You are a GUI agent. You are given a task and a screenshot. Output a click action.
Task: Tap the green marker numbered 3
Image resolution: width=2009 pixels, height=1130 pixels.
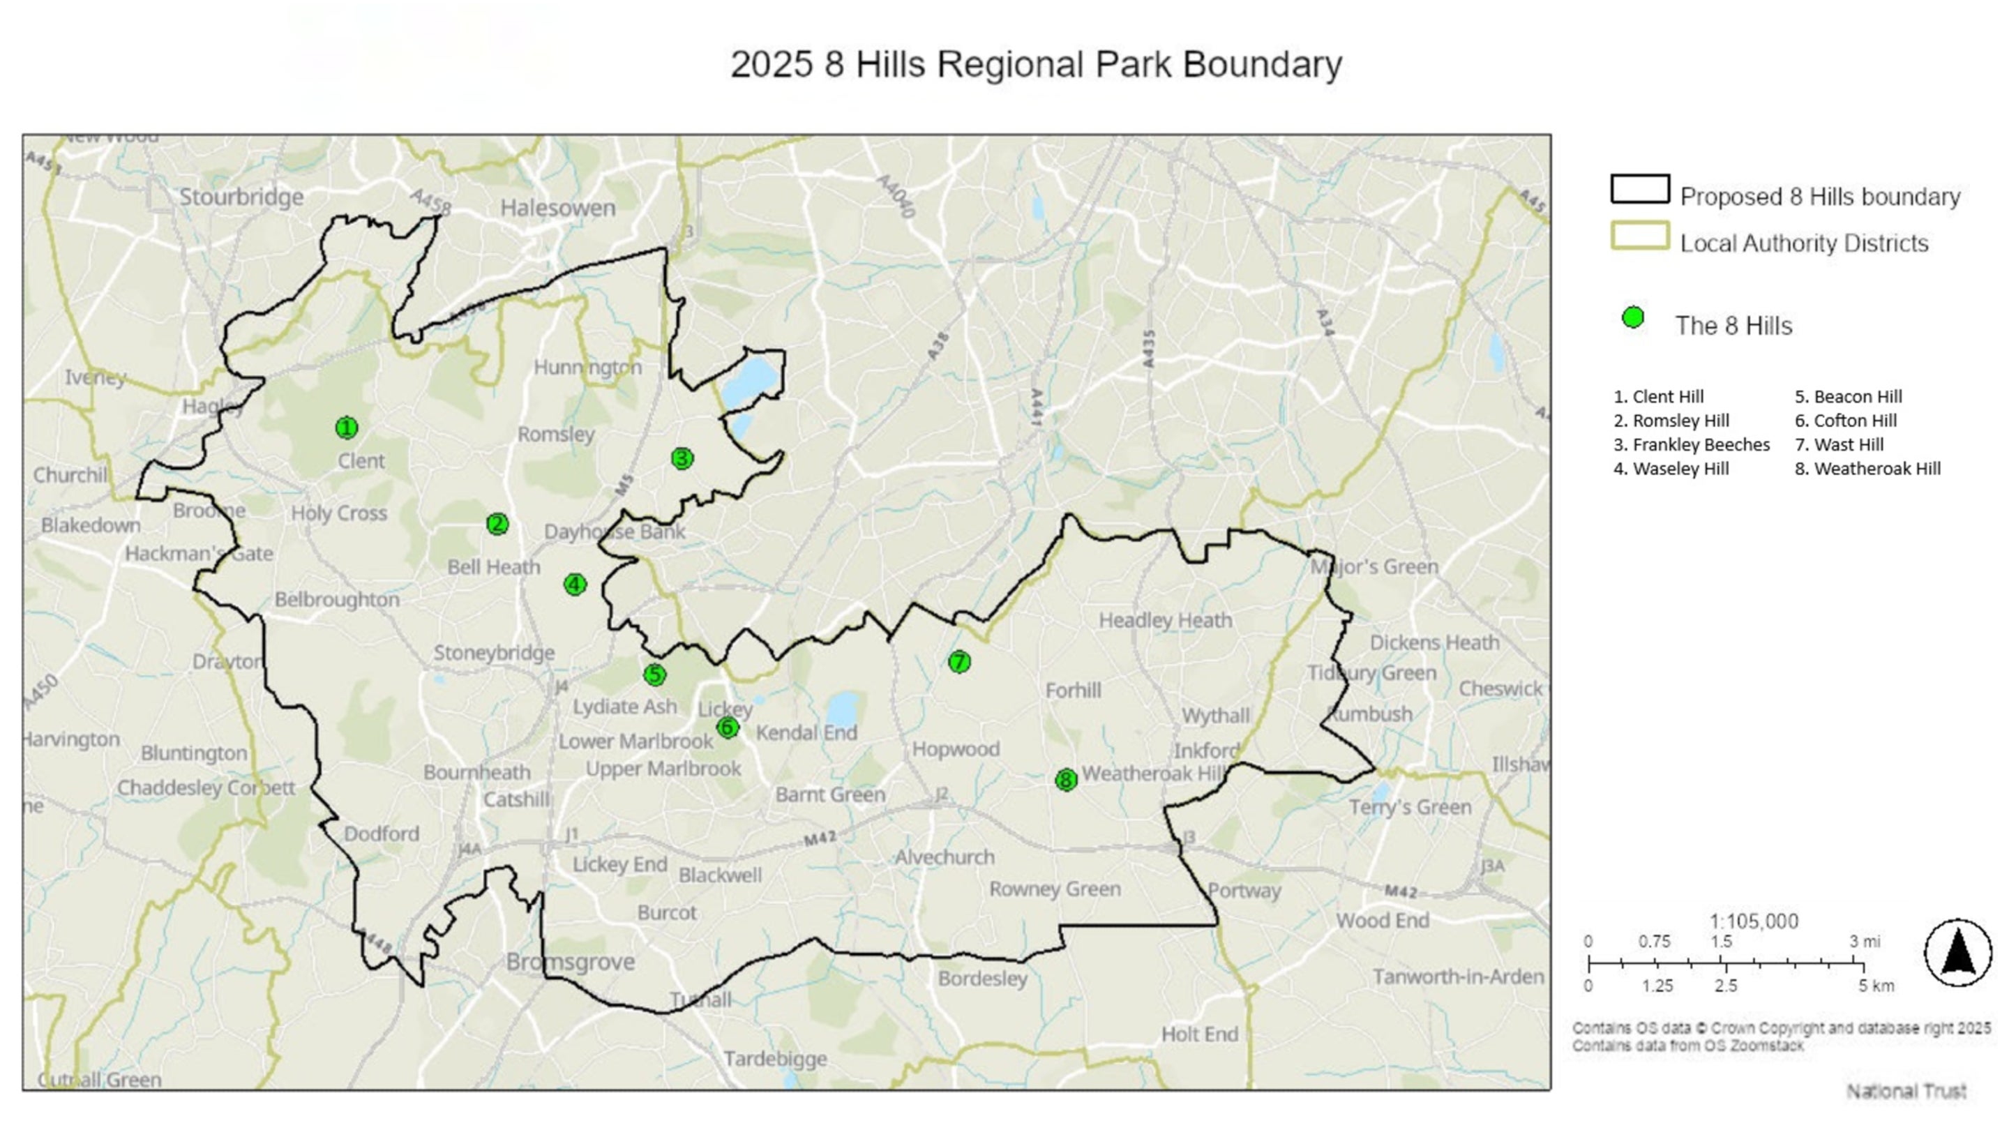pos(682,458)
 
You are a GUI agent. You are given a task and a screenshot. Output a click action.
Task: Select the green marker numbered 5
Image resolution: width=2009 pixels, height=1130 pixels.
pos(655,675)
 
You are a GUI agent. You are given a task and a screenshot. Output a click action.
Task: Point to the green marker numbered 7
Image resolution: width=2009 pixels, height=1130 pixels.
pos(959,662)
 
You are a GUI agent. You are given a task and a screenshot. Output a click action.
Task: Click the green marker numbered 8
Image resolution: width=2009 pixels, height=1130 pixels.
pos(1066,779)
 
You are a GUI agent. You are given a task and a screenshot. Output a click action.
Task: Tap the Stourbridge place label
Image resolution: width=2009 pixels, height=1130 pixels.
pos(242,197)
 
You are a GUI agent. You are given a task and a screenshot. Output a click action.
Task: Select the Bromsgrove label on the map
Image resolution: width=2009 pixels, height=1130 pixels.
pos(570,962)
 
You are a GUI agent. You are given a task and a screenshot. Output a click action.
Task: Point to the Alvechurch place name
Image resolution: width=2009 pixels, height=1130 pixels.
pos(945,857)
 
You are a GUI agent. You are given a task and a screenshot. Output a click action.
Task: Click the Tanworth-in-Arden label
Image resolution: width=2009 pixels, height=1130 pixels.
pos(1459,977)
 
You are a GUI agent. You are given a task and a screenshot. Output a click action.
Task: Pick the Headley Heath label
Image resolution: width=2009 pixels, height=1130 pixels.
pos(1165,621)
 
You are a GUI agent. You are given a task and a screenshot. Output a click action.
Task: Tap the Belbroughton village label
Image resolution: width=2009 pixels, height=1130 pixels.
pos(337,600)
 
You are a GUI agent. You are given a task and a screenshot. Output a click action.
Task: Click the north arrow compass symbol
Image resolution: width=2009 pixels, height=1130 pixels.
pos(1957,952)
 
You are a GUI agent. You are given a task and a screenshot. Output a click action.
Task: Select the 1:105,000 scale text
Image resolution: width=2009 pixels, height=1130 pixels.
pos(1754,921)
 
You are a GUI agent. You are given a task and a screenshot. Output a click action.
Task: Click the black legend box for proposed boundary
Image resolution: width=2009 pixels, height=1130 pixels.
pos(1640,190)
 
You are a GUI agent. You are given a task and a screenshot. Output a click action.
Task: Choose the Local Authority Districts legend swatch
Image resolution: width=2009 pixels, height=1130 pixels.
pos(1640,236)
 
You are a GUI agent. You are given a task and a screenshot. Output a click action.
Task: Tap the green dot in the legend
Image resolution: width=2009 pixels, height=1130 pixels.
pos(1633,318)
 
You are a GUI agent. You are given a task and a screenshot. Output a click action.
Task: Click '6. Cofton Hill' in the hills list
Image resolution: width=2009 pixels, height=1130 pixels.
pos(1845,421)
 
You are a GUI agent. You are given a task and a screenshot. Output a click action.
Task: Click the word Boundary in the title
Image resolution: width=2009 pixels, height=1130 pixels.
pos(1262,65)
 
